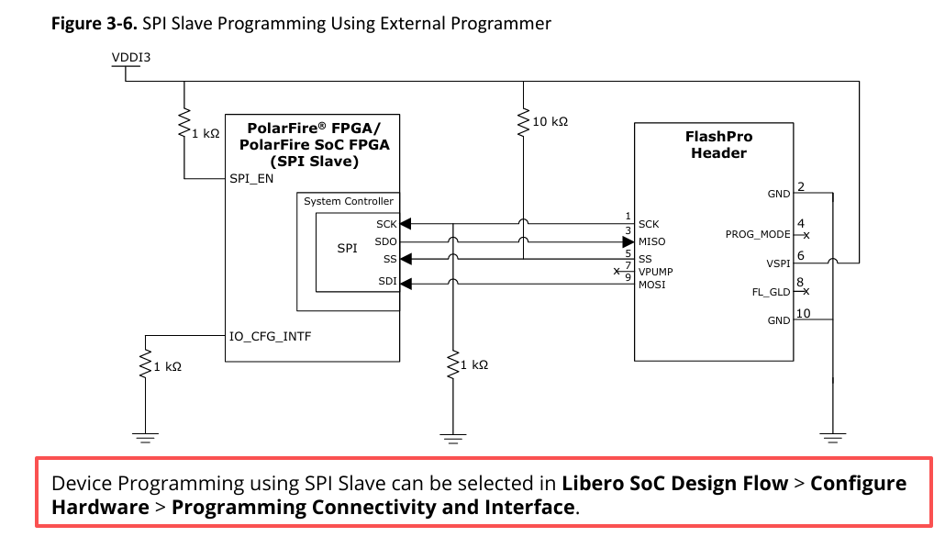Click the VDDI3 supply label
pyautogui.click(x=131, y=57)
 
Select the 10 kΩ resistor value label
pyautogui.click(x=550, y=122)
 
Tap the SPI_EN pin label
pyautogui.click(x=251, y=179)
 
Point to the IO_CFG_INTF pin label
pyautogui.click(x=270, y=336)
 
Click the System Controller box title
pyautogui.click(x=349, y=201)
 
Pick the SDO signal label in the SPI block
pyautogui.click(x=385, y=241)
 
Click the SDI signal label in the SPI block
pyautogui.click(x=387, y=281)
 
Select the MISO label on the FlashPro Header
pyautogui.click(x=652, y=241)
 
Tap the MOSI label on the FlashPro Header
pyautogui.click(x=652, y=285)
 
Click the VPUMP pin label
pyautogui.click(x=656, y=272)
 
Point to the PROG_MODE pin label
pyautogui.click(x=758, y=234)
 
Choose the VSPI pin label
pyautogui.click(x=778, y=263)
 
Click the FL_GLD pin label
pyautogui.click(x=771, y=292)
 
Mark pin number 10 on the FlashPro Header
pyautogui.click(x=804, y=313)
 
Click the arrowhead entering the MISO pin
pyautogui.click(x=628, y=242)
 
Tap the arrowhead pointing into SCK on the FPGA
pyautogui.click(x=406, y=224)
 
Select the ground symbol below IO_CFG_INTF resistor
pyautogui.click(x=145, y=438)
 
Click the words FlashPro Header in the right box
pyautogui.click(x=718, y=145)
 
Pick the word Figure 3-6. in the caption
pyautogui.click(x=94, y=24)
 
